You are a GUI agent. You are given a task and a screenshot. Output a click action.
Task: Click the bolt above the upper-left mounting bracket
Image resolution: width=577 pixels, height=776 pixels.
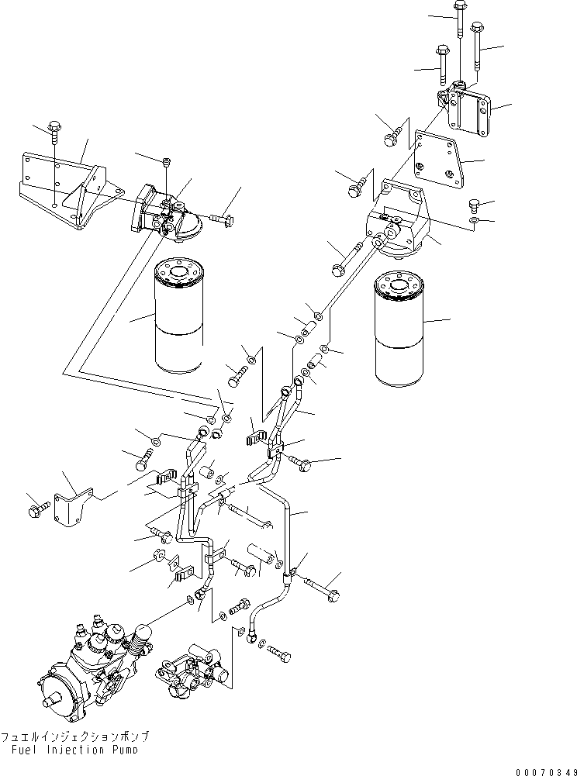tap(56, 132)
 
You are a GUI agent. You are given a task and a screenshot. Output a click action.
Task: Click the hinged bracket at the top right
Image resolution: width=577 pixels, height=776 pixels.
tap(465, 109)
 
